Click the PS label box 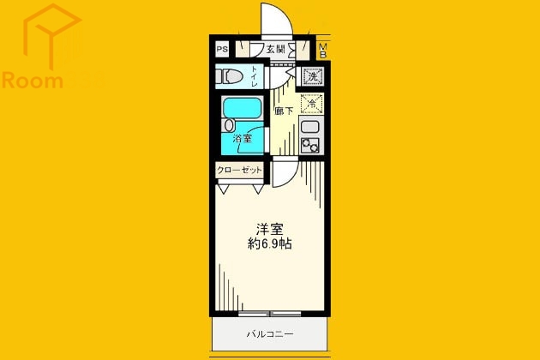[x=222, y=49]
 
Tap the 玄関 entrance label [x=274, y=49]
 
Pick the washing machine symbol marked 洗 [x=312, y=75]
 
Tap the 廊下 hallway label [x=283, y=111]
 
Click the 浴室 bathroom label [x=243, y=138]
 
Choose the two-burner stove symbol [x=310, y=147]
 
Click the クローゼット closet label [x=239, y=170]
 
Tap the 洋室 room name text [x=270, y=229]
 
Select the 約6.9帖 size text [x=271, y=244]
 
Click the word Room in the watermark [x=32, y=81]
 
